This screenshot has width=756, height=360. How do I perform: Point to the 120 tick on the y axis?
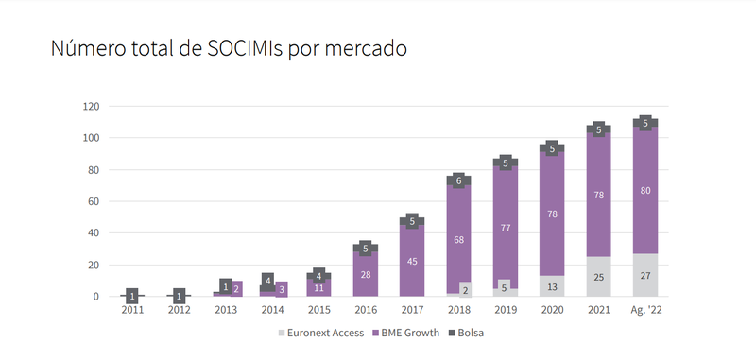(x=90, y=106)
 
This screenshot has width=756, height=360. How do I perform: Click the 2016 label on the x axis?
(x=365, y=309)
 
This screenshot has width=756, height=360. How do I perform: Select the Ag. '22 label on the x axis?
(x=645, y=309)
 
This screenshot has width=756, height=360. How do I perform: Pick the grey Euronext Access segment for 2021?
(x=598, y=277)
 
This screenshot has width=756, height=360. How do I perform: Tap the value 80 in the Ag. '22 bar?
(x=644, y=190)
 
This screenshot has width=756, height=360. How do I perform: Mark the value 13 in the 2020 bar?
(x=551, y=287)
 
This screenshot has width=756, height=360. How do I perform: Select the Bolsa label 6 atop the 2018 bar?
(x=458, y=180)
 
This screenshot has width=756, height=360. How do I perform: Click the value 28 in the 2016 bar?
(x=365, y=275)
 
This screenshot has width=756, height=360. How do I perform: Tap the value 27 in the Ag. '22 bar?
(x=644, y=276)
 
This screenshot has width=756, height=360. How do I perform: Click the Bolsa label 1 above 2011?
(x=132, y=296)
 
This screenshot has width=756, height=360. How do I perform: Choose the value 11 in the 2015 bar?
(x=318, y=288)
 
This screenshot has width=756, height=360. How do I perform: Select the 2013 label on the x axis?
(x=226, y=309)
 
